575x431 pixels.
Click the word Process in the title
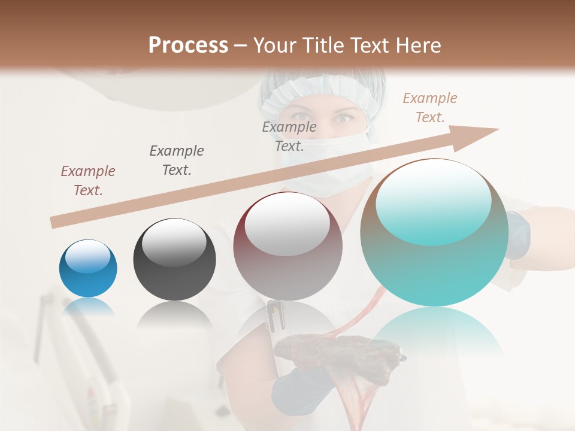[x=188, y=45]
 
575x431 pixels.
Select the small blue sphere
[x=88, y=268]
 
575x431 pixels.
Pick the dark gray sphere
[x=174, y=259]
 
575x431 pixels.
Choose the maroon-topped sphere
[x=287, y=247]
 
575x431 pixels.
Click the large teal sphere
[x=434, y=232]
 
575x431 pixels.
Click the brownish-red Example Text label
[x=88, y=181]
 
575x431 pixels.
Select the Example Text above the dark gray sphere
[x=177, y=160]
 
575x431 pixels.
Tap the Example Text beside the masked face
[x=289, y=136]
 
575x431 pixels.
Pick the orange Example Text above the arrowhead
[x=430, y=108]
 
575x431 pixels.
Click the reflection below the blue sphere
[x=88, y=307]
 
